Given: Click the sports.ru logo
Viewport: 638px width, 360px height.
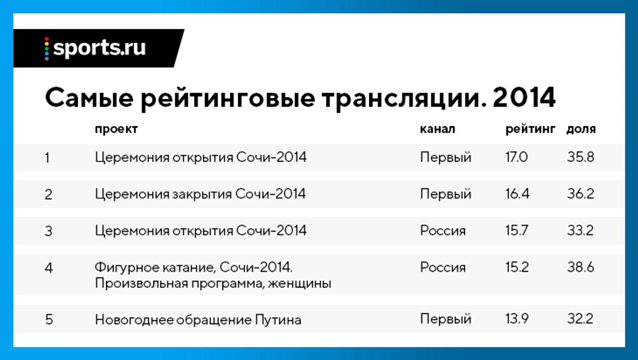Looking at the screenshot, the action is click(x=95, y=48).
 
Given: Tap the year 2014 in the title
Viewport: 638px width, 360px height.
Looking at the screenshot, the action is click(x=524, y=98).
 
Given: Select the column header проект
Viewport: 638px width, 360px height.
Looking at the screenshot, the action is click(x=116, y=129).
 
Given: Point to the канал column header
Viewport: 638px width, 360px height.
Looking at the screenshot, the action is click(x=437, y=129).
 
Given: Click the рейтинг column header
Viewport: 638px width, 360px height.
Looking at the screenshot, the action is click(x=531, y=129).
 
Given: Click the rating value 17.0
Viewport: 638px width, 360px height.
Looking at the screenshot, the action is click(x=517, y=157).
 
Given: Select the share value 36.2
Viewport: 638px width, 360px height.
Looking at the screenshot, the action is click(x=580, y=194).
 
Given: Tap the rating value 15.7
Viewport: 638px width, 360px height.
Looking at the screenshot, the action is click(x=517, y=230).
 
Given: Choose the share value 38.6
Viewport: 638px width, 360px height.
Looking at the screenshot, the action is click(x=580, y=267).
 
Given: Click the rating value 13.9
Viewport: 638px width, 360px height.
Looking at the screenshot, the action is click(x=517, y=318).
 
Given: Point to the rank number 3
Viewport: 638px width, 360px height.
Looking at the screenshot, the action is click(x=49, y=231).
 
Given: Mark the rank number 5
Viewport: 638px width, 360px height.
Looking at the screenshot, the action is click(x=49, y=319).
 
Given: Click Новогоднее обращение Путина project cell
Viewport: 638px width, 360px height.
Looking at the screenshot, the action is click(x=198, y=319).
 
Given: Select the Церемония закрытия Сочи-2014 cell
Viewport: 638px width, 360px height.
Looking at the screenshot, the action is click(x=200, y=194).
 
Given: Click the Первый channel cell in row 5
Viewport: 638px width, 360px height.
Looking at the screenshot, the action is click(x=446, y=319).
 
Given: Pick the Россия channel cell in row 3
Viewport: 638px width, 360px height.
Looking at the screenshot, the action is click(x=443, y=230).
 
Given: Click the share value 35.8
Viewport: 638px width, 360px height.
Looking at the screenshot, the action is click(x=580, y=157).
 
